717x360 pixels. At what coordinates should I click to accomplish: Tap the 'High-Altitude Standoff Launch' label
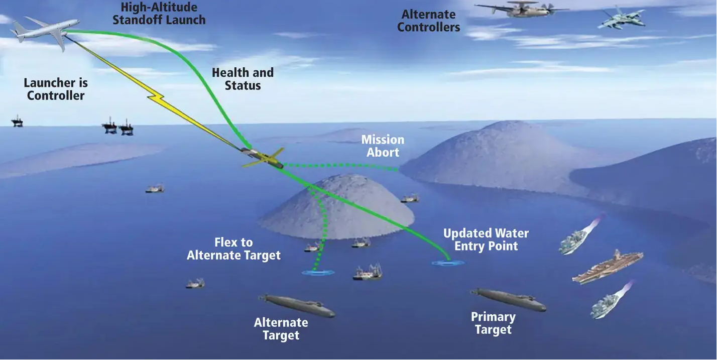[x=159, y=14]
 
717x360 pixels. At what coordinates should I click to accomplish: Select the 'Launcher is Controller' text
[x=56, y=89]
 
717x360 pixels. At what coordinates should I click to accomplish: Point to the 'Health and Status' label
[x=243, y=79]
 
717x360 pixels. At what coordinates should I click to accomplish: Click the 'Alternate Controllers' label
[x=429, y=21]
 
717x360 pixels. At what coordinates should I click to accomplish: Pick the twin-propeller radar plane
[x=521, y=9]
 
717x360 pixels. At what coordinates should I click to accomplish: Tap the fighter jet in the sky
[x=621, y=19]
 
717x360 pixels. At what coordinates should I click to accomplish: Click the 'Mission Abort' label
[x=383, y=146]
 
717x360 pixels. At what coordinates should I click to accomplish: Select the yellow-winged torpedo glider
[x=263, y=158]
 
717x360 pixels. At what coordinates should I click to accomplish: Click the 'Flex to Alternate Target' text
[x=233, y=249]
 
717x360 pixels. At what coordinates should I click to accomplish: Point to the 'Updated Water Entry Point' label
[x=486, y=239]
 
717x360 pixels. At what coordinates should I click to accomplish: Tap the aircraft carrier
[x=607, y=267]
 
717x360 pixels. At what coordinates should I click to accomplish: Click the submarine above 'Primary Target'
[x=509, y=300]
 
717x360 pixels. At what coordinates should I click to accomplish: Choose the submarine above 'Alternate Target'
[x=297, y=306]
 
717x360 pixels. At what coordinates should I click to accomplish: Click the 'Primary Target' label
[x=493, y=323]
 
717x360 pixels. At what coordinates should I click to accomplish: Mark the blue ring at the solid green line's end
[x=448, y=263]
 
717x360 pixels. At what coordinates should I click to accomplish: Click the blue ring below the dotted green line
[x=318, y=273]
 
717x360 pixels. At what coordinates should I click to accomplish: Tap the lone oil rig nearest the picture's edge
[x=17, y=122]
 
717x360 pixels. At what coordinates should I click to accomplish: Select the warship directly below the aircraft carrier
[x=610, y=301]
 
